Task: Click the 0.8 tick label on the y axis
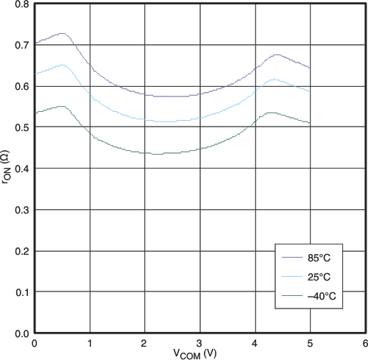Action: [21, 4]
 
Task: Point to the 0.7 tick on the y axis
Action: [21, 46]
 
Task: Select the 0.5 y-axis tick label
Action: [21, 128]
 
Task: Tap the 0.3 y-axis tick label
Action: [21, 211]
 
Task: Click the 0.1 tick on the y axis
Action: [21, 293]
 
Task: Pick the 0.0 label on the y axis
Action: [21, 333]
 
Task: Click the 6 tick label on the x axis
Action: [365, 343]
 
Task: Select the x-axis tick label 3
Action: [199, 343]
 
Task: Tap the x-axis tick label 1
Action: [89, 343]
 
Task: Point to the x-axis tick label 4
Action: [255, 343]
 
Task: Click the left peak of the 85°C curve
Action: [63, 33]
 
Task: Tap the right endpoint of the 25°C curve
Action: [310, 91]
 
